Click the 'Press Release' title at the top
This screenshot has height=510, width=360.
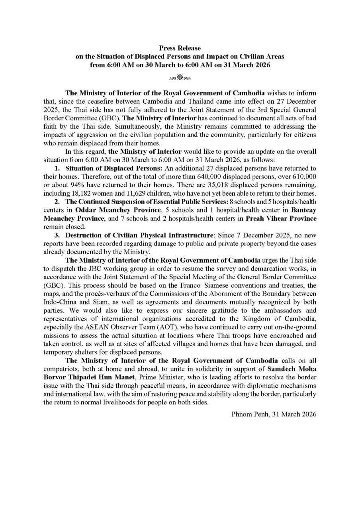(x=180, y=48)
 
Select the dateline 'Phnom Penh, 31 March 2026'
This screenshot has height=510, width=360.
(x=274, y=414)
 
